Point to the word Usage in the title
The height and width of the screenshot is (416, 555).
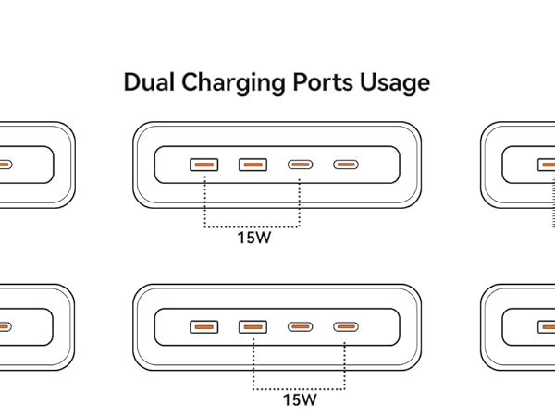[398, 83]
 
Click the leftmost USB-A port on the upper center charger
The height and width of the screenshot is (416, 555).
[203, 165]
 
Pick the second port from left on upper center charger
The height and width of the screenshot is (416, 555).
[253, 165]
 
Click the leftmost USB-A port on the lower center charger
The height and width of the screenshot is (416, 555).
[203, 327]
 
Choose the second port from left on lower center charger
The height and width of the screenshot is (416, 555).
[253, 327]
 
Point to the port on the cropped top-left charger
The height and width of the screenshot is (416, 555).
[5, 165]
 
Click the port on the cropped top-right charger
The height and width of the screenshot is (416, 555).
[548, 165]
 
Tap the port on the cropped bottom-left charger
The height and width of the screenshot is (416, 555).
[5, 327]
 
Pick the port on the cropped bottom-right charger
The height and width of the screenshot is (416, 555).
[548, 327]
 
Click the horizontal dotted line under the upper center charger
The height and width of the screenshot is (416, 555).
[252, 225]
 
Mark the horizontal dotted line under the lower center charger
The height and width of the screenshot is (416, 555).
[300, 386]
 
